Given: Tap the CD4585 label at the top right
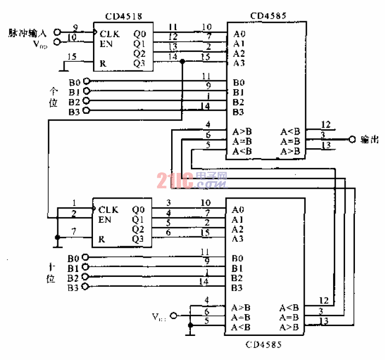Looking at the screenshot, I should click(x=267, y=16).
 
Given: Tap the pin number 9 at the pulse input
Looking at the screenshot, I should click(x=75, y=27).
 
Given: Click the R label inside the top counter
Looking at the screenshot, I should click(x=102, y=63).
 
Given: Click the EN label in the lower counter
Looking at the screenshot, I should click(x=105, y=219).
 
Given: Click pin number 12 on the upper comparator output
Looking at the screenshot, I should click(x=326, y=125).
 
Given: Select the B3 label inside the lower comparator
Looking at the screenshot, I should click(x=237, y=287).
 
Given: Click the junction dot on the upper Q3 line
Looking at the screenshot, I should click(x=182, y=62).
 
